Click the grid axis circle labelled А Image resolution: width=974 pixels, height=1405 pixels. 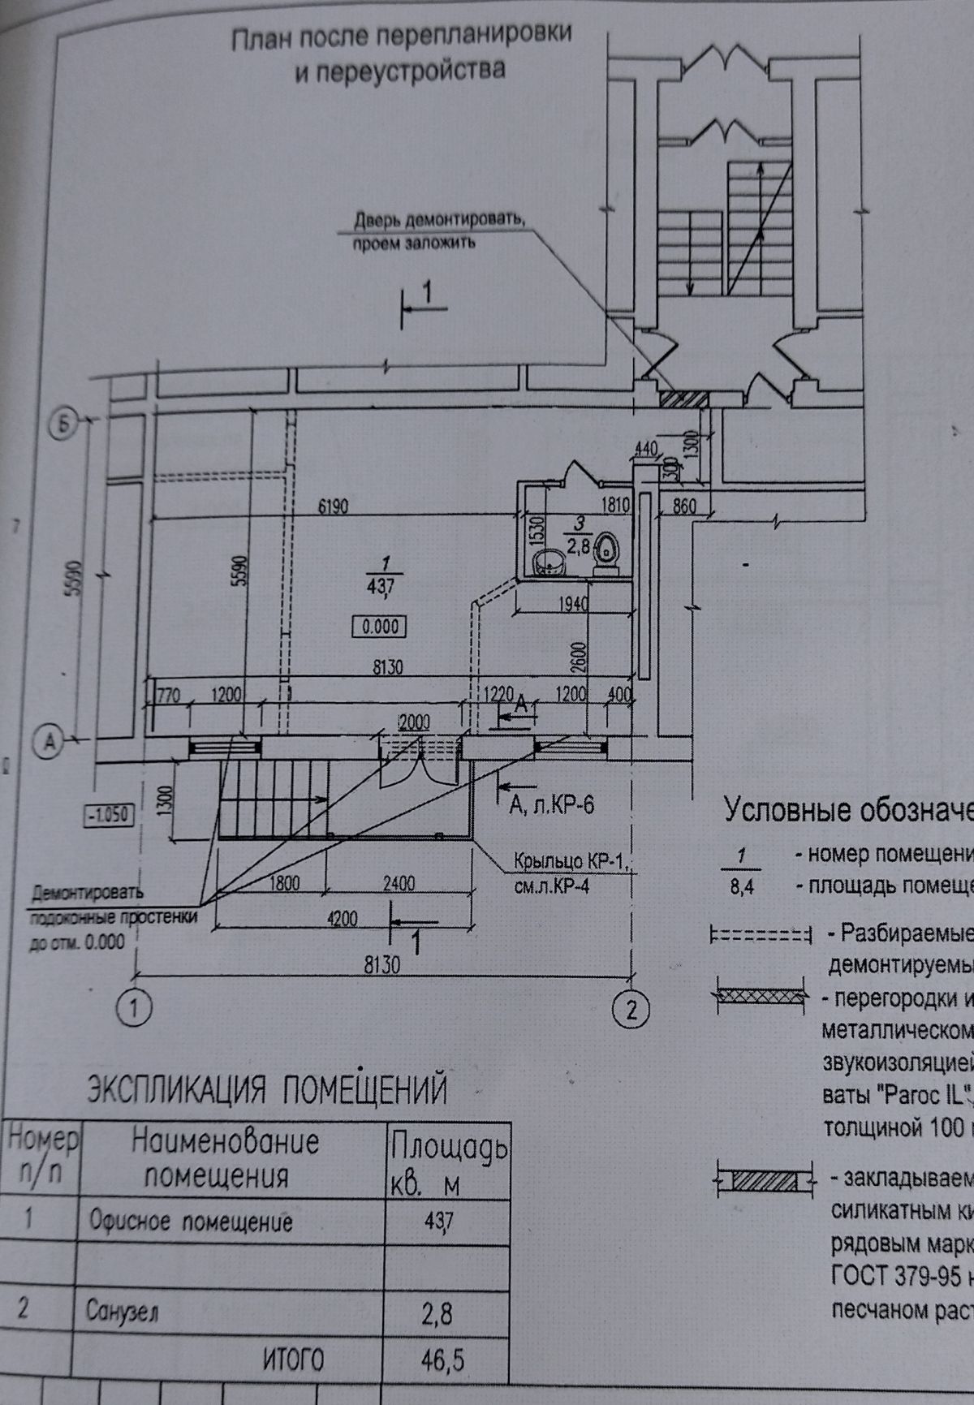tap(50, 740)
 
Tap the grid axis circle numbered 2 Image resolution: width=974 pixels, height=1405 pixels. tap(633, 1010)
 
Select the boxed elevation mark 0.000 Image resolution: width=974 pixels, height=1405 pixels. tap(378, 627)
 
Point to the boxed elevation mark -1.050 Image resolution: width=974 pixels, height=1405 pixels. tap(109, 814)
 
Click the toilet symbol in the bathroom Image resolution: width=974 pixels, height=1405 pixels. tap(606, 554)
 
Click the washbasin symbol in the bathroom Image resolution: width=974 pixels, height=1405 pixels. tap(549, 561)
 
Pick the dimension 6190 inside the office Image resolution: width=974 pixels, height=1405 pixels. tap(333, 507)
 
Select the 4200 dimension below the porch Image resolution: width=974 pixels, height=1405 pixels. tap(342, 918)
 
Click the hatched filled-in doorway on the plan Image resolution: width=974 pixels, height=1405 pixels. tap(683, 399)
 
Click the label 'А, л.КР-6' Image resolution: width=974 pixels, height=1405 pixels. tap(552, 805)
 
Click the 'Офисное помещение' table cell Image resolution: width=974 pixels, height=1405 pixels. tap(191, 1222)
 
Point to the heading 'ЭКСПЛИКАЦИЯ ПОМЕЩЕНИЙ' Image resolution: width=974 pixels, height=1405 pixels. tap(267, 1089)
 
